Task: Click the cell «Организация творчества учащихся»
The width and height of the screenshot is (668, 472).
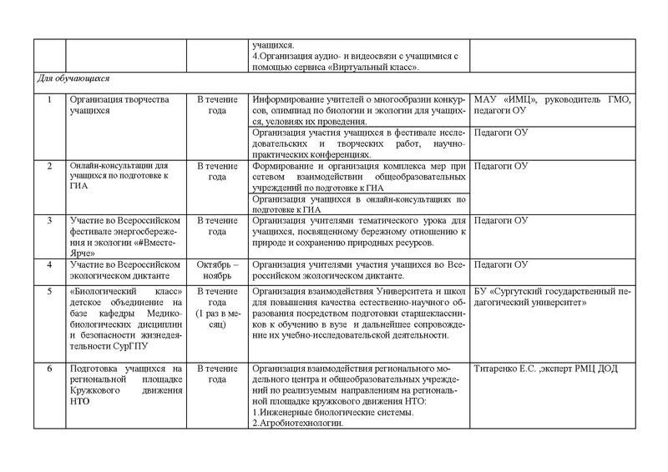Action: point(108,105)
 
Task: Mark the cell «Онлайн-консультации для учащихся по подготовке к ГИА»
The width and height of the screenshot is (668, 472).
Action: point(108,177)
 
